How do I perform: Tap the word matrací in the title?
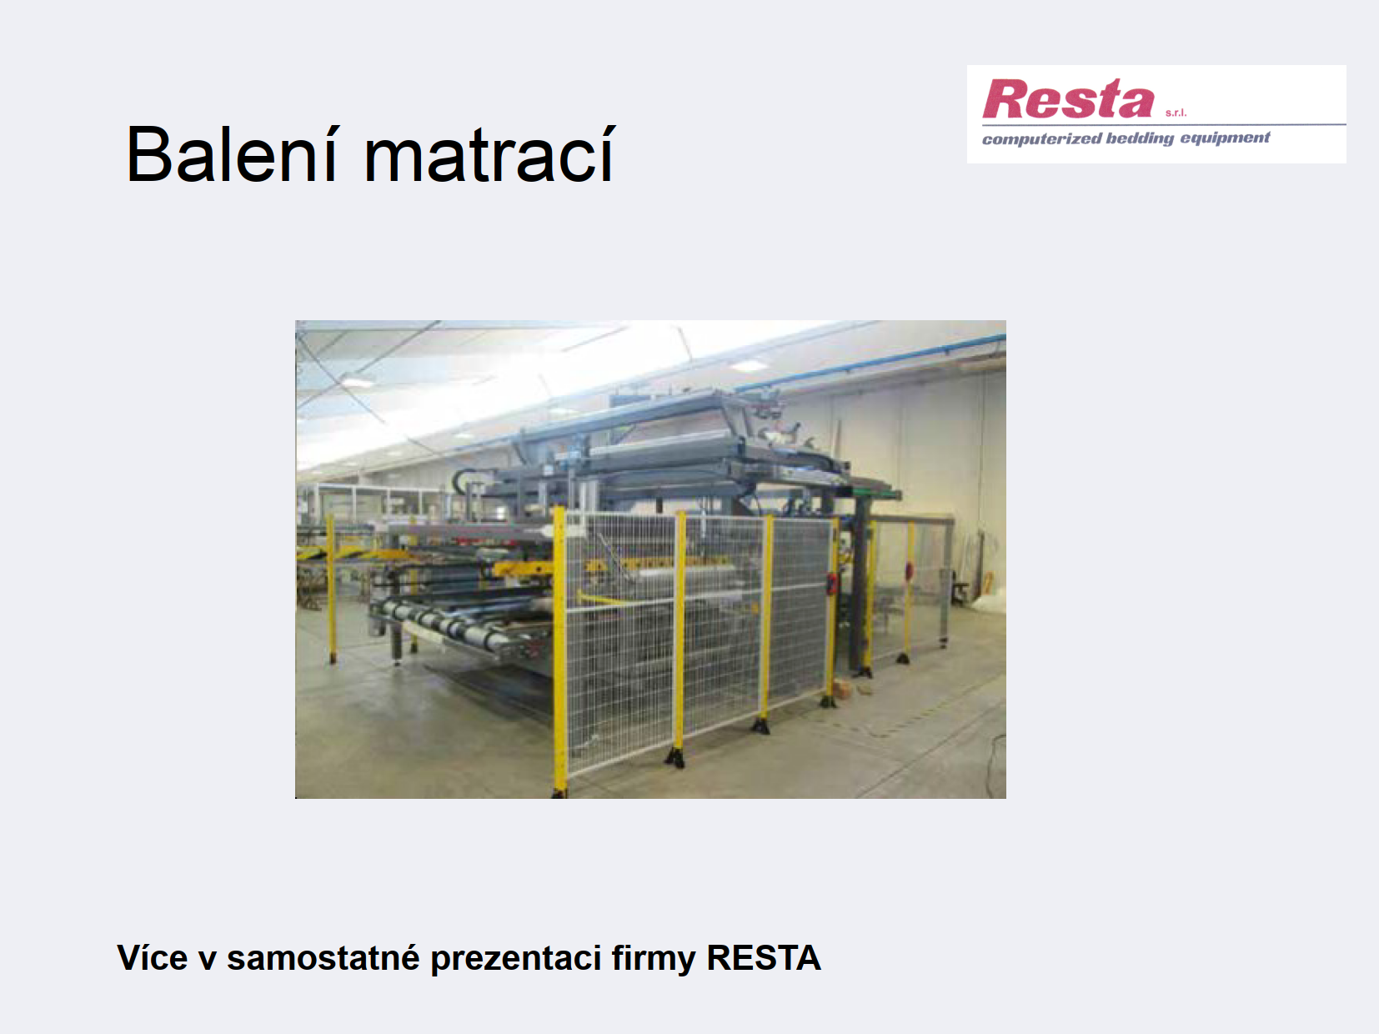490,154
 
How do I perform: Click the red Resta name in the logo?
1068,98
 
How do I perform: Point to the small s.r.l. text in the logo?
1176,113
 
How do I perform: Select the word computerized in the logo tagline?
1041,138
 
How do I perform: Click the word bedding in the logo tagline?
1140,138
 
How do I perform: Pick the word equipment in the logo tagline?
1225,138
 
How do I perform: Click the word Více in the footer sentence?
152,958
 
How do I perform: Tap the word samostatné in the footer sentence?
323,958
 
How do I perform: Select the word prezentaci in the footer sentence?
516,959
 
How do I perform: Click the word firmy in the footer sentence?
654,959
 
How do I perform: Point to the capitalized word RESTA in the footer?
764,958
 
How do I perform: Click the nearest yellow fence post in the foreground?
559,652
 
